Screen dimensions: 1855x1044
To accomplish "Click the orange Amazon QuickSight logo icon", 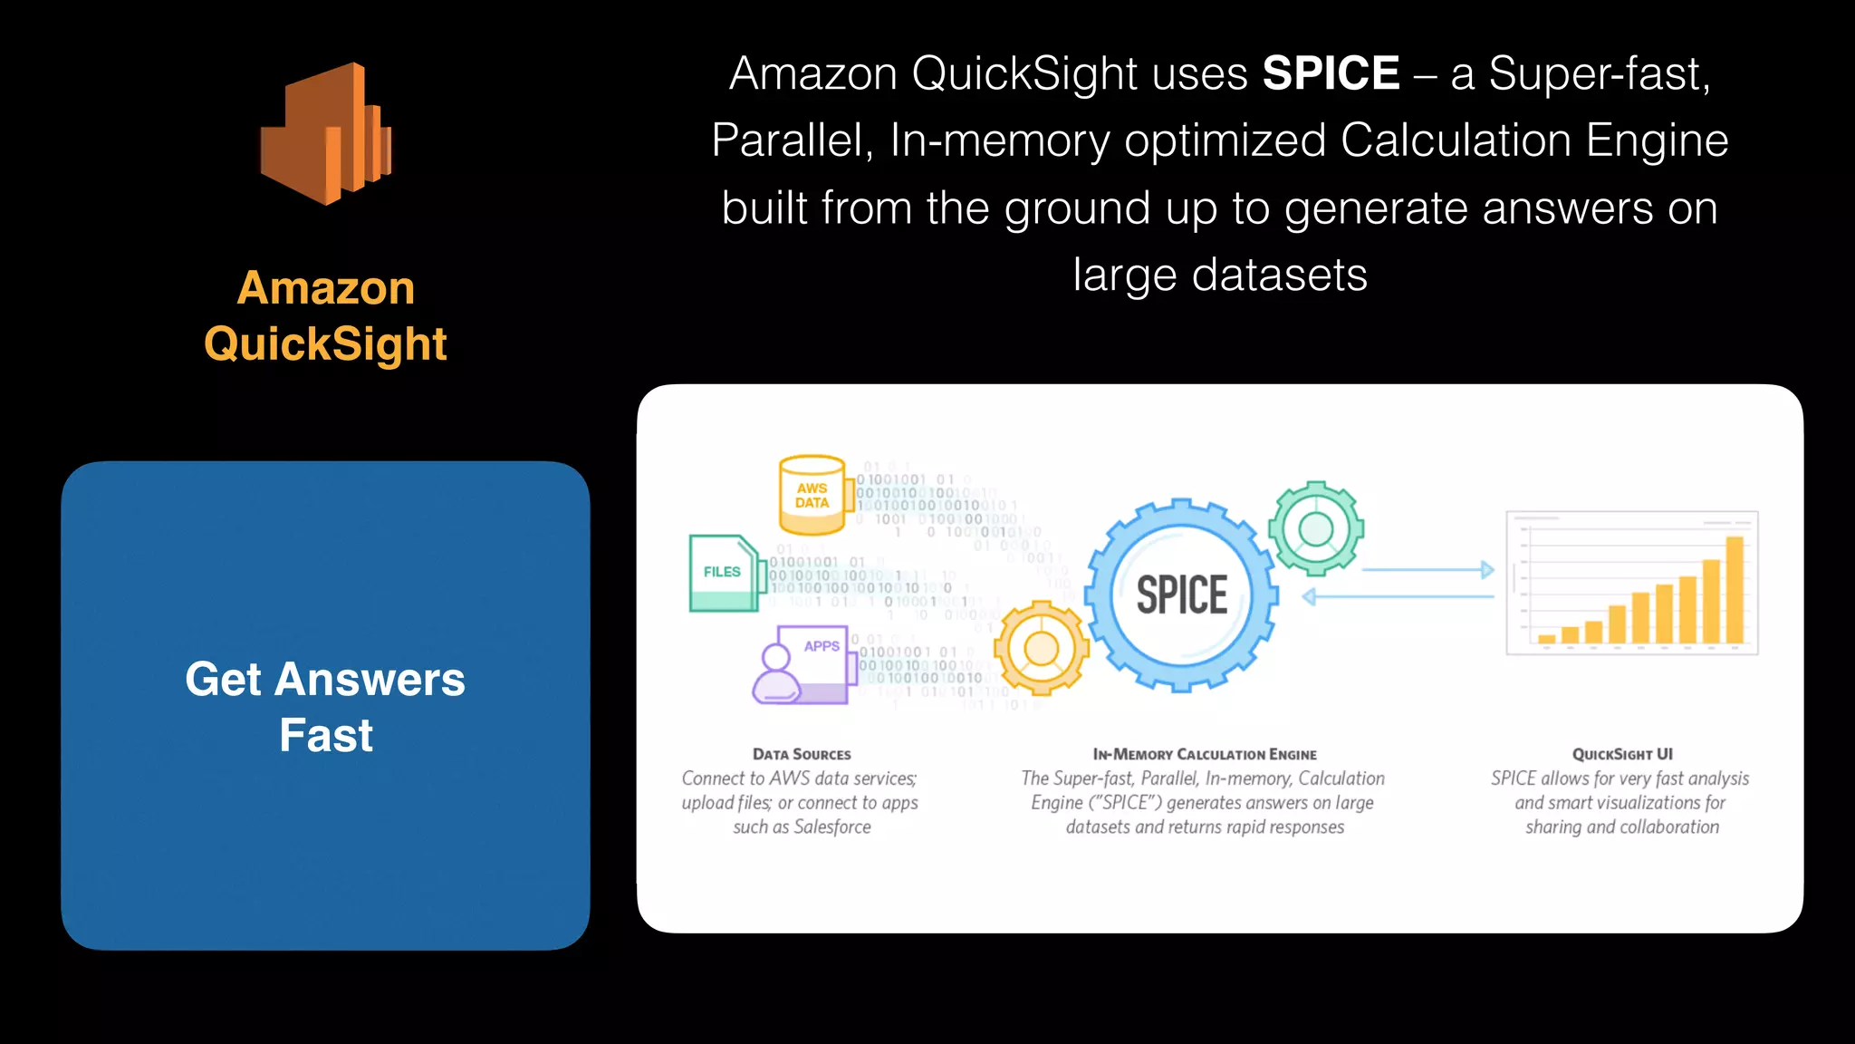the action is [x=326, y=134].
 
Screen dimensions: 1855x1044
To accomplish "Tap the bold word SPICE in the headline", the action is [x=1331, y=73].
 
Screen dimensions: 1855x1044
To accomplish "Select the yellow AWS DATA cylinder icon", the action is [x=812, y=495].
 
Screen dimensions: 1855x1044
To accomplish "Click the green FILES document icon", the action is [x=723, y=573].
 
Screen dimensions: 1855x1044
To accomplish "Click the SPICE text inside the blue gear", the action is [x=1182, y=595].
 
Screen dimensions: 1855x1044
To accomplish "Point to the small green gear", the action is [x=1315, y=528].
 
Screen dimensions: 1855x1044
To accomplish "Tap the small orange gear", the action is [x=1041, y=649].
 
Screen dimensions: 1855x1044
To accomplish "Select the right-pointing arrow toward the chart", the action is [x=1427, y=570].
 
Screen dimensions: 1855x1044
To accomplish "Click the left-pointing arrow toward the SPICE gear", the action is [x=1398, y=596].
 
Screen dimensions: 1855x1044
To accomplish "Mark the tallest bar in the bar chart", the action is [x=1735, y=590].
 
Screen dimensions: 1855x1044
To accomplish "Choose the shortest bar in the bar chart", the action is [x=1547, y=638].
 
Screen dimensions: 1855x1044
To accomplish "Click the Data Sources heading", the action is [x=802, y=754].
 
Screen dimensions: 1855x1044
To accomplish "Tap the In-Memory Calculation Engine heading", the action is [x=1205, y=754].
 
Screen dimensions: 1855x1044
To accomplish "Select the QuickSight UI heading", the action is [x=1622, y=754].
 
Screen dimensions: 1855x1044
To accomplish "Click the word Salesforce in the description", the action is [x=831, y=826].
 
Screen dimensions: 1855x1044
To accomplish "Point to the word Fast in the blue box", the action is [x=326, y=735].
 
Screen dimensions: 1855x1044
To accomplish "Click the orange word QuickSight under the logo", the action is [x=326, y=344].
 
